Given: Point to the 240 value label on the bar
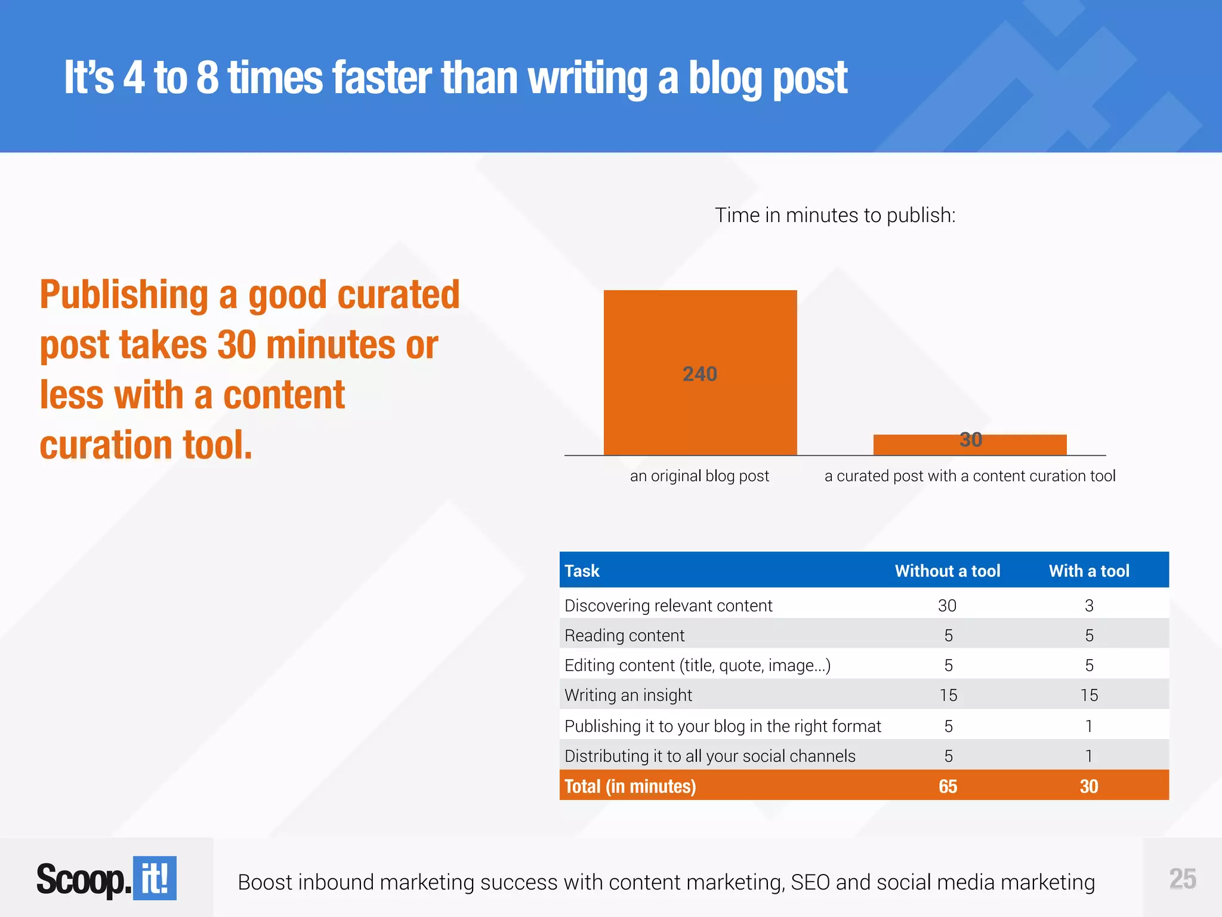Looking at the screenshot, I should pos(699,374).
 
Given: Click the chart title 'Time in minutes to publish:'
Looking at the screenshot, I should pos(835,216).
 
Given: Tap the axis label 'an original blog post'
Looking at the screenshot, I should pos(699,476).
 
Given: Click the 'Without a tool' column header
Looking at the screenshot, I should pos(947,571).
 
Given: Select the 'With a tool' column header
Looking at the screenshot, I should pos(1089,571).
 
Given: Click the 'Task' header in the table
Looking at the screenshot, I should pos(582,571).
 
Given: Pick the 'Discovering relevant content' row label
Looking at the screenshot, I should pos(668,606).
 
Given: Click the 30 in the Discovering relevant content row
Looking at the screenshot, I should pos(947,606).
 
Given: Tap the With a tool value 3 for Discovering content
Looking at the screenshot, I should pos(1089,606).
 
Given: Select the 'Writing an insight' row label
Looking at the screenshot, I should pos(628,696).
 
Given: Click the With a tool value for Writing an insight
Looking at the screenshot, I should pos(1089,696).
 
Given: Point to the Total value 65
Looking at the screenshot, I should pos(948,787).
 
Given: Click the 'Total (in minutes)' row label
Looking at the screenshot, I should pos(630,787).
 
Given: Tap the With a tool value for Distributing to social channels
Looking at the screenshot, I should pos(1089,756).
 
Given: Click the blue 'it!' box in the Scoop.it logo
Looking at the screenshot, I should pos(155,878).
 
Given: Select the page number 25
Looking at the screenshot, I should pos(1182,879).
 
